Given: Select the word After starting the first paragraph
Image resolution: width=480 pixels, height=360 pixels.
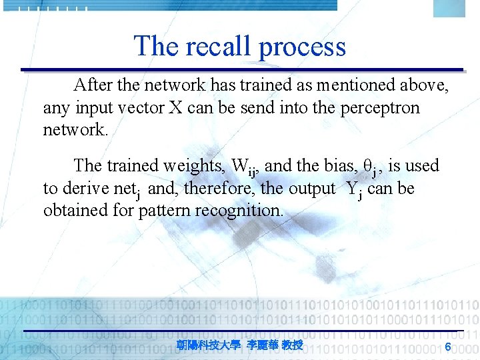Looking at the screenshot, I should coord(93,85).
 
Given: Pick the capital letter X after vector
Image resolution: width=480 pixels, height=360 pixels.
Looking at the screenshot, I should coord(176,107).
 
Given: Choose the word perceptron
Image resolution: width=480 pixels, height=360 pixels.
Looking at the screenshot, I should coord(380,108).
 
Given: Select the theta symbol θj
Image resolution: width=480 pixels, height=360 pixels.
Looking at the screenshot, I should coord(371,166).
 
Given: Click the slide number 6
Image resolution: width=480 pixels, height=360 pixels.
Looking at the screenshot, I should coord(448,346).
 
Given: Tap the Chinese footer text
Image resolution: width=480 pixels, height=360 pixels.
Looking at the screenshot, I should coord(240,345).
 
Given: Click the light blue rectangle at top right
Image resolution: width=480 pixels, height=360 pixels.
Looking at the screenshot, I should coord(449,9).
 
